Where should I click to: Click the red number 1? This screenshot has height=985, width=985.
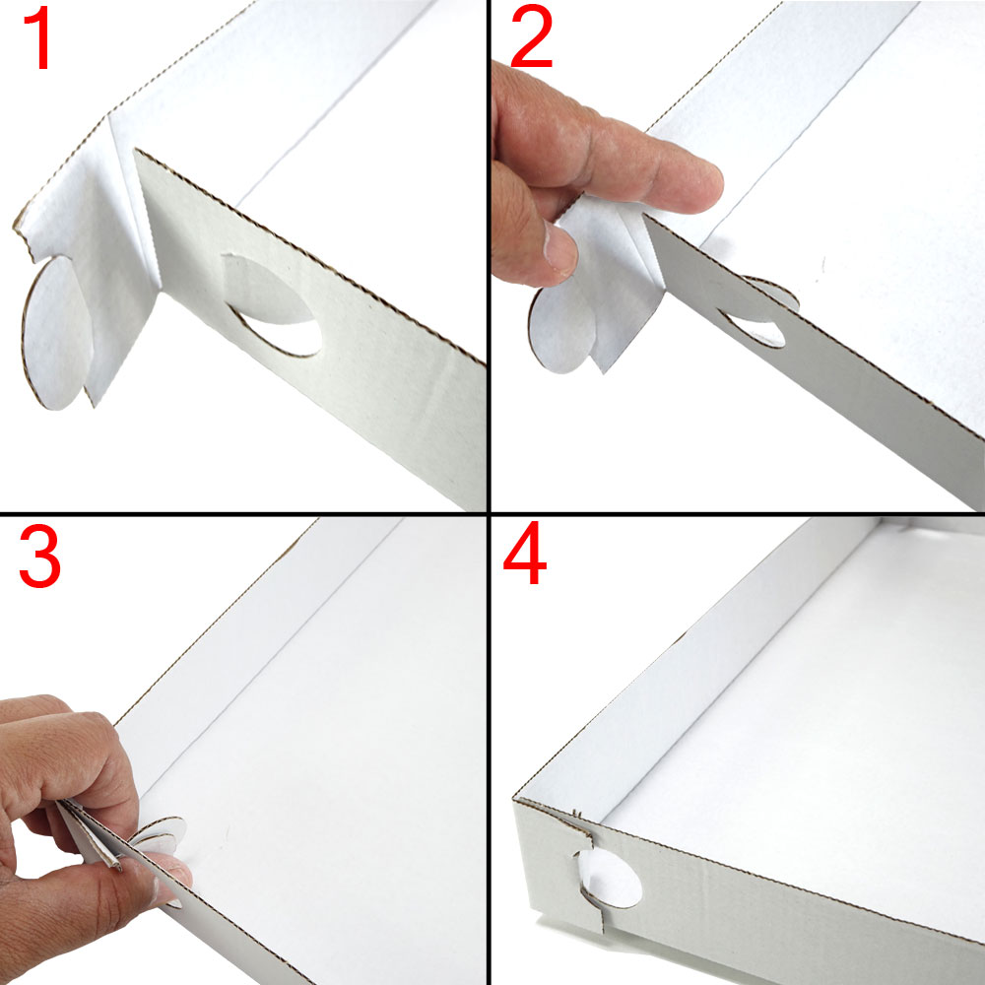(x=39, y=38)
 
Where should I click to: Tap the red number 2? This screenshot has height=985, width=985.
(x=532, y=37)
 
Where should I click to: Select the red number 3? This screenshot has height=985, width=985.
(x=39, y=557)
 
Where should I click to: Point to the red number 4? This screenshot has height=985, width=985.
(x=525, y=553)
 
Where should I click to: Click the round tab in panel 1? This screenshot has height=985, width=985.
(x=56, y=333)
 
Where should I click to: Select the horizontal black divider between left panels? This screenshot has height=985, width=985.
(x=243, y=514)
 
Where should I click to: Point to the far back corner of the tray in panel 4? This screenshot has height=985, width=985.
(x=880, y=520)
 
